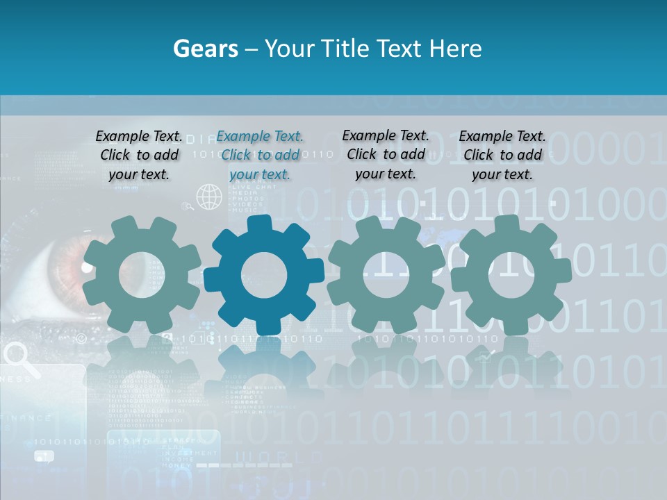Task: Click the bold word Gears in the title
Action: tap(206, 49)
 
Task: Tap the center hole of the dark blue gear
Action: tap(264, 275)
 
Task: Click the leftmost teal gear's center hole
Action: tap(142, 275)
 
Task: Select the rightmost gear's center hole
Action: tap(511, 275)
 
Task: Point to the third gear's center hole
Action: tap(386, 275)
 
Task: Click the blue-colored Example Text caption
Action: tap(260, 156)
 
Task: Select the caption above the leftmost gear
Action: tap(139, 156)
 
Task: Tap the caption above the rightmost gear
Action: tap(502, 156)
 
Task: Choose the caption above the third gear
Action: tap(386, 155)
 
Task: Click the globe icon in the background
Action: tap(209, 197)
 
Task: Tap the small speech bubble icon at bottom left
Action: tap(44, 456)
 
